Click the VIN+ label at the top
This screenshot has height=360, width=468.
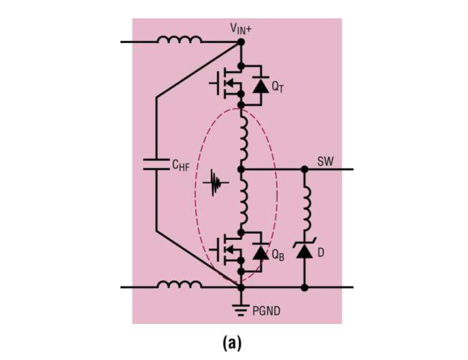pos(241,29)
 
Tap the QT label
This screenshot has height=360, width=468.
pos(277,87)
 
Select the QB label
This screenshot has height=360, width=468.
pos(277,254)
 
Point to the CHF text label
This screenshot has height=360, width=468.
pos(181,166)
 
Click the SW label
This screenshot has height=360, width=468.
pos(326,161)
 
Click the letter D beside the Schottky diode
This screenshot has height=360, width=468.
pos(321,253)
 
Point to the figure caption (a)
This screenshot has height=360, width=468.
pos(232,343)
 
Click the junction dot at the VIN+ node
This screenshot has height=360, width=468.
pos(241,42)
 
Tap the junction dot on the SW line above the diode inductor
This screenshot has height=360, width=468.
pos(305,170)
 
